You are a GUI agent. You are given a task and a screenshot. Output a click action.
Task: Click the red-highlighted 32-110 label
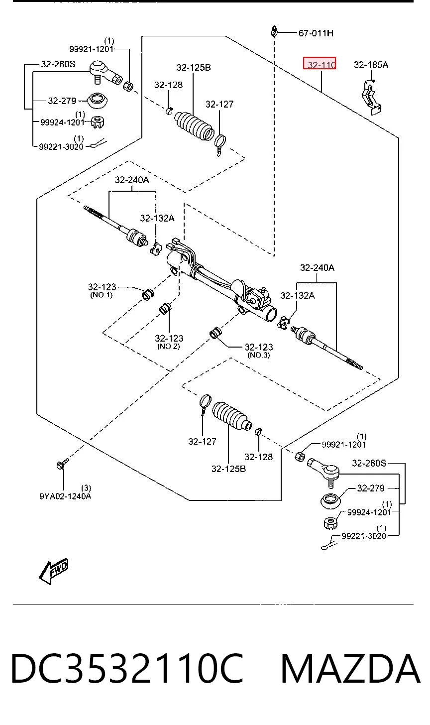click(x=320, y=63)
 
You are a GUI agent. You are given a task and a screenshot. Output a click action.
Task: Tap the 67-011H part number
click(x=316, y=33)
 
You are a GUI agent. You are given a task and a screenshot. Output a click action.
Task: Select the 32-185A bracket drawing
click(x=371, y=97)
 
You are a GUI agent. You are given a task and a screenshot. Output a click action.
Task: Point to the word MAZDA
click(x=351, y=668)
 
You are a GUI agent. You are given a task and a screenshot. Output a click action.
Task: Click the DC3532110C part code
click(x=127, y=668)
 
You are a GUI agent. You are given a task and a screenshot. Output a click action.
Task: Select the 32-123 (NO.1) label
click(x=102, y=290)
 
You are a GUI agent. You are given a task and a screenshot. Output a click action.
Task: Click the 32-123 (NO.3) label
click(x=258, y=351)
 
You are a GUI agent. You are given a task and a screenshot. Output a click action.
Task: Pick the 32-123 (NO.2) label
click(x=169, y=342)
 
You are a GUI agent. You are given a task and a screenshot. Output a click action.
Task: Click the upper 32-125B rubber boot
click(x=194, y=125)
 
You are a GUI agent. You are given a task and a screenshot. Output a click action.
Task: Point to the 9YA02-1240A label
click(x=65, y=496)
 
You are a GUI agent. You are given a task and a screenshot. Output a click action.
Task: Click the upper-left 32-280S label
click(x=58, y=64)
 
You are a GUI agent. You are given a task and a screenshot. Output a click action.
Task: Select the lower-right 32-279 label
click(x=371, y=488)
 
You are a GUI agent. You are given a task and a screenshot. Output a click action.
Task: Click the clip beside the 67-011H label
click(x=274, y=32)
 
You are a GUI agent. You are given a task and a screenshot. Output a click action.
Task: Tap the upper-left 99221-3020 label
click(x=61, y=146)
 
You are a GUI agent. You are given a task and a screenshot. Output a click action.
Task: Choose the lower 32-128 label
click(x=258, y=457)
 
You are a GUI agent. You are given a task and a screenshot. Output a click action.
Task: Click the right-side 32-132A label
click(x=297, y=295)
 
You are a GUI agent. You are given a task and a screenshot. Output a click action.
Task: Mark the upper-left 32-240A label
click(x=132, y=180)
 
